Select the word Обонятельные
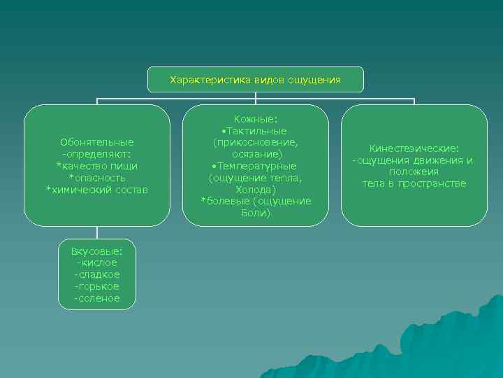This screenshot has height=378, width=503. click(97, 142)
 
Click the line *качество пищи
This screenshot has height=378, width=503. click(97, 166)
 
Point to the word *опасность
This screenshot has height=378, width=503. click(97, 178)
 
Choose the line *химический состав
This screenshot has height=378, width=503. click(97, 190)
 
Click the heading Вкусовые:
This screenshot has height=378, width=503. click(97, 250)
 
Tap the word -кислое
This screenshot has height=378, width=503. click(97, 262)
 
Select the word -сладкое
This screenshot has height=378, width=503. click(97, 274)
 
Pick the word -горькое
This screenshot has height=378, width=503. click(97, 286)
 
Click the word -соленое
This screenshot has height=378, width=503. click(97, 298)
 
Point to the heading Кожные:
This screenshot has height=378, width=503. click(256, 119)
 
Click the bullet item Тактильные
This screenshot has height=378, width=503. click(256, 131)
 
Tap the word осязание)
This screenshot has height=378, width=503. click(256, 154)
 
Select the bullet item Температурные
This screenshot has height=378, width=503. click(256, 166)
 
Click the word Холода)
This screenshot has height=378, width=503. click(256, 190)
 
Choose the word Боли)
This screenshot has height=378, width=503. click(256, 213)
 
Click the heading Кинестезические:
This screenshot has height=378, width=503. click(414, 148)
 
